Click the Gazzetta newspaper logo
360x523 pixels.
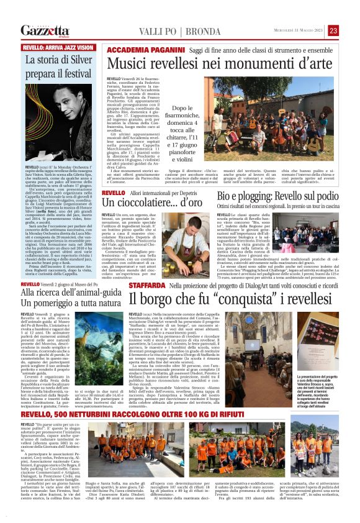(44, 30)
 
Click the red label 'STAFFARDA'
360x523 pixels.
(147, 284)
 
